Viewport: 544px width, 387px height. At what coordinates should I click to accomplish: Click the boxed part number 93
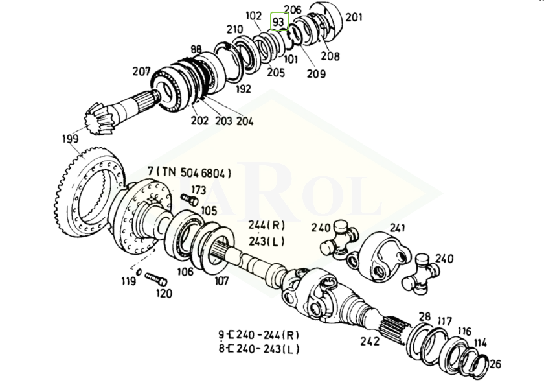tap(279, 21)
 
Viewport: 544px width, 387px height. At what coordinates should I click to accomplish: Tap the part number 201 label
tap(354, 17)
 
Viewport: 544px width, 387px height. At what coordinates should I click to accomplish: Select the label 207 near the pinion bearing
tap(142, 72)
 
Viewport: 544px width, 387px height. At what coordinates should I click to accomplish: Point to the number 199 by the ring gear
tap(70, 138)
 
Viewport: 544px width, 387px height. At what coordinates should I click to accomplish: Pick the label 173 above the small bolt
tap(198, 190)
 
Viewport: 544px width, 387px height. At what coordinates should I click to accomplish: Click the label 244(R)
tap(267, 225)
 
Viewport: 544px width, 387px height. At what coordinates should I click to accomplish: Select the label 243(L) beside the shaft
tap(267, 241)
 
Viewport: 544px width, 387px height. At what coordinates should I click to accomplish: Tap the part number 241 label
tap(397, 228)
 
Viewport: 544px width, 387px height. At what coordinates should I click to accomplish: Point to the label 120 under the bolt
tap(163, 294)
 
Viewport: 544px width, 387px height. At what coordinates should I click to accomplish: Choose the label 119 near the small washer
tap(128, 281)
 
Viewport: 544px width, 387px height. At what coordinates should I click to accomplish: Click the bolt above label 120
tap(155, 279)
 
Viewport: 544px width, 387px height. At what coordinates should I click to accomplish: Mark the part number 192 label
tap(243, 89)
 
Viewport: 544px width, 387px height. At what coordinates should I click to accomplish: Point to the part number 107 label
tap(222, 281)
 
